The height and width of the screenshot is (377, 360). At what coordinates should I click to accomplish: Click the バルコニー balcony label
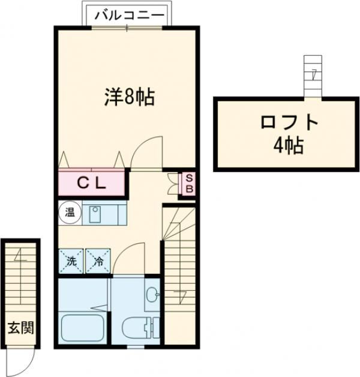coord(127,14)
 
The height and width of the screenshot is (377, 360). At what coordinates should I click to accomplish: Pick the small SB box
coord(188,183)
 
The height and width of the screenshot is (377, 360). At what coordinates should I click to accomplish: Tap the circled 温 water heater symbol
coord(69,212)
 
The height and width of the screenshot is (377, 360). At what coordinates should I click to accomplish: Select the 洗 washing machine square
coord(71,261)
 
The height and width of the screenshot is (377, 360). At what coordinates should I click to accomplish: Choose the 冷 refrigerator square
coord(98,261)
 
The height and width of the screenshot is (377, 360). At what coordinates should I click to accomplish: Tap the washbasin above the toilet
coord(152,294)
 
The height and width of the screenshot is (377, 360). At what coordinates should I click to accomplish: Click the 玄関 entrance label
coord(20,328)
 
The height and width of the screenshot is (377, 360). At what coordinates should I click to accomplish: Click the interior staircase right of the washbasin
coord(179,270)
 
